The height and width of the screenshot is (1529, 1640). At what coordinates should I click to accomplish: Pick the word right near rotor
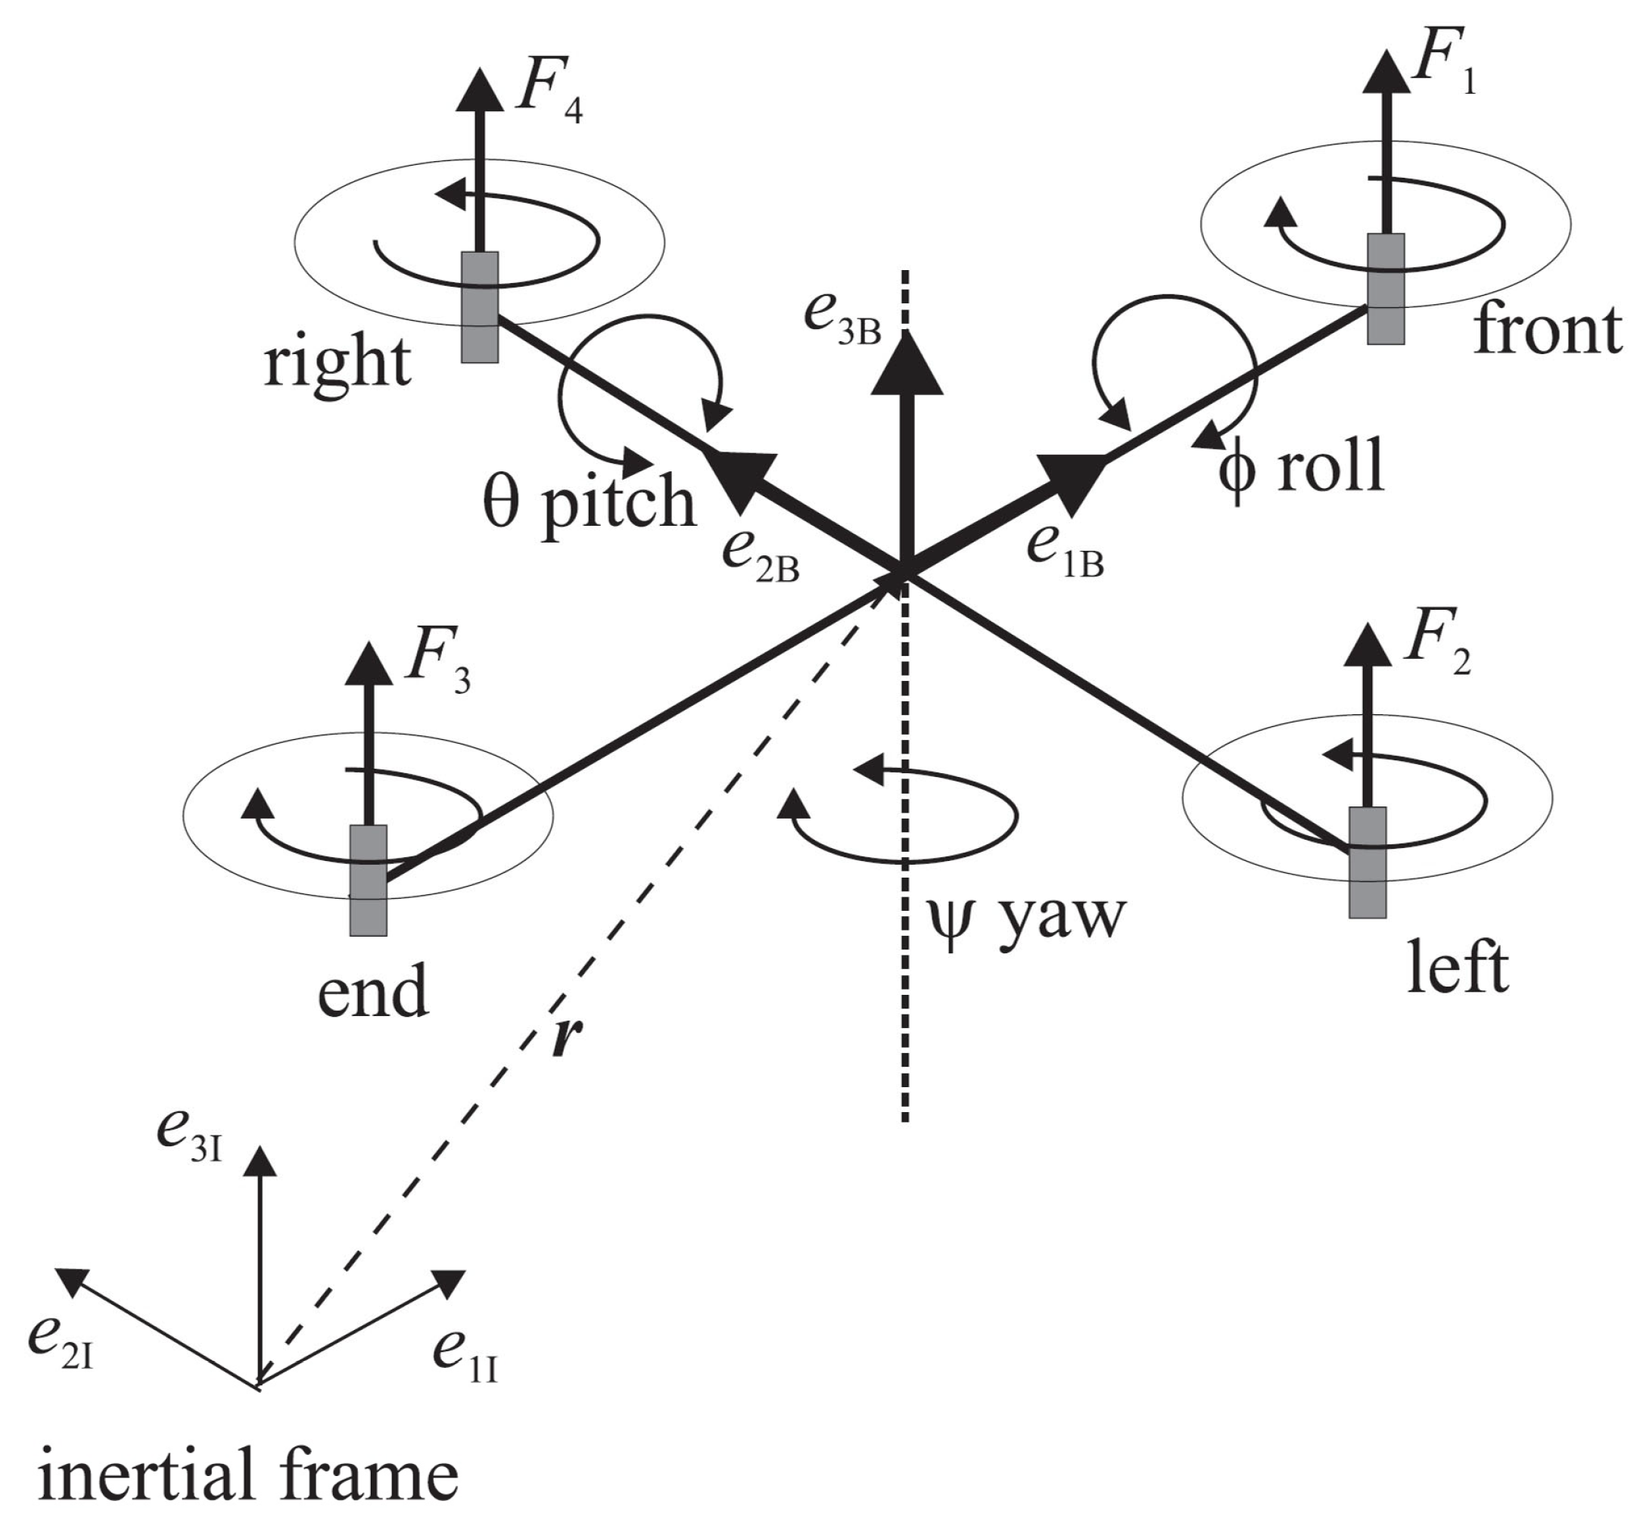(x=338, y=363)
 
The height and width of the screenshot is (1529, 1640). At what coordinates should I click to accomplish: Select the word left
(x=1458, y=968)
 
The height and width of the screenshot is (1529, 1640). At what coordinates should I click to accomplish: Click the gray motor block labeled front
(x=1385, y=289)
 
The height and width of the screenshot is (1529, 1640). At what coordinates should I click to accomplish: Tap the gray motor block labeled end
(x=368, y=880)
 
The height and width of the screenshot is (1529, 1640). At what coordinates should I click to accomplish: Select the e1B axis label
(x=1065, y=550)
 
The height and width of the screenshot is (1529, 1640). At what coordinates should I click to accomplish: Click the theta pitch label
(x=589, y=501)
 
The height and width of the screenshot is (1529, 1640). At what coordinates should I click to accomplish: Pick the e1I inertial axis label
(x=465, y=1357)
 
